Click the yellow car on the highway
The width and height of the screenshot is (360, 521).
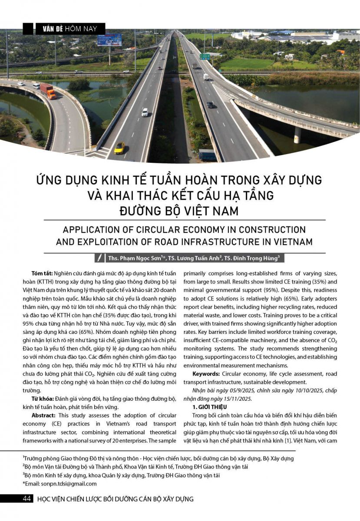pos(119,148)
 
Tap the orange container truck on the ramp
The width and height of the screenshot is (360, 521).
pos(48,91)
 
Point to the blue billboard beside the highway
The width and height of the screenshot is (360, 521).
pos(109,40)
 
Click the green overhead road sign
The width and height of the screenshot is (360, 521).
pos(205,56)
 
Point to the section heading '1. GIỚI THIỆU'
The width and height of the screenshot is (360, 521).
pos(210,406)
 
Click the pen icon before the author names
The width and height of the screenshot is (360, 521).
pos(100,258)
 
